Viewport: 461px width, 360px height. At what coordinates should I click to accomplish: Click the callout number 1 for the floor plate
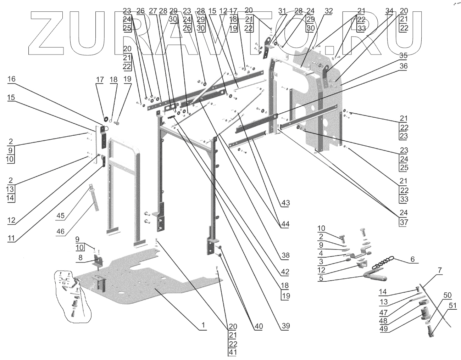(203, 325)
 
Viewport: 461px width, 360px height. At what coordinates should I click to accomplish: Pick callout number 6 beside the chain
(412, 259)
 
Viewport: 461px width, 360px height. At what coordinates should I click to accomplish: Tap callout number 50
(447, 295)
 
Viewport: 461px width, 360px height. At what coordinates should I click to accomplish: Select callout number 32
(328, 11)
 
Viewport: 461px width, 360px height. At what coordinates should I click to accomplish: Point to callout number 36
(403, 66)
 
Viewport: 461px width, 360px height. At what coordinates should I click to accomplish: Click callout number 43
(285, 203)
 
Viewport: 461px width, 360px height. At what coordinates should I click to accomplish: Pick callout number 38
(285, 255)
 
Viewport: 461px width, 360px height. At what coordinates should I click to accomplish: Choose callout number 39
(285, 326)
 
